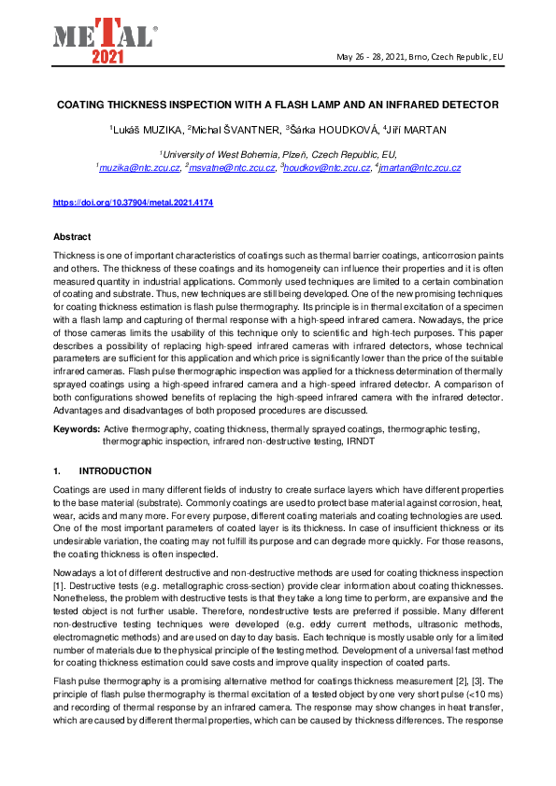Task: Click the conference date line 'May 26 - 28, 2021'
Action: (420, 57)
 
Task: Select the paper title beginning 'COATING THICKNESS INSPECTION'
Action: (277, 104)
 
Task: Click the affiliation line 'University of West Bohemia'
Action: (278, 154)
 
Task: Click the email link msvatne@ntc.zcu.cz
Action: (232, 168)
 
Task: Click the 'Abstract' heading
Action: (72, 237)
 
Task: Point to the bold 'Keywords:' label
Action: (76, 428)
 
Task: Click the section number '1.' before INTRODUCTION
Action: (58, 471)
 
